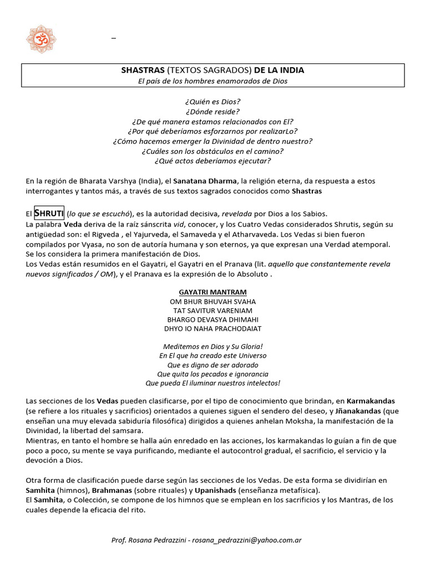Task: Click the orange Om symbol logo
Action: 42,39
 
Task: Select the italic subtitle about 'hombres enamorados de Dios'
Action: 213,81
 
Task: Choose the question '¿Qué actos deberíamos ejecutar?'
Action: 213,161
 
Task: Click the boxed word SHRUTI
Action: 49,213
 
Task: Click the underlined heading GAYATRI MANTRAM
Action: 213,292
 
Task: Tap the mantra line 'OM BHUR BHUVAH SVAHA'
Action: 213,301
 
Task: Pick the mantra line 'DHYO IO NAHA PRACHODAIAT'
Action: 213,329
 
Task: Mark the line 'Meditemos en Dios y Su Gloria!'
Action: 213,346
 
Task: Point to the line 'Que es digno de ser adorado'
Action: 213,365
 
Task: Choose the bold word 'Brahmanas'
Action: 113,491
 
